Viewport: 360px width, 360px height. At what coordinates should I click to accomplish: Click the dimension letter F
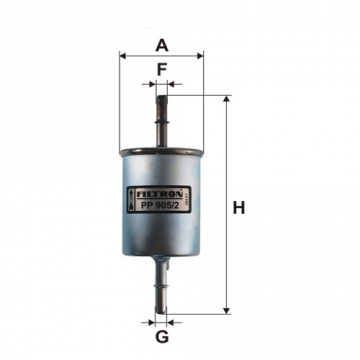click(160, 70)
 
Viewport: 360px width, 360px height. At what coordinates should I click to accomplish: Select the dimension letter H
click(239, 208)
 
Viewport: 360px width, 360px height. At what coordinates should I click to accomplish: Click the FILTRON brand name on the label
click(158, 184)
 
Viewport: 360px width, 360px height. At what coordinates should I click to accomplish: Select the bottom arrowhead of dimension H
click(226, 310)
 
